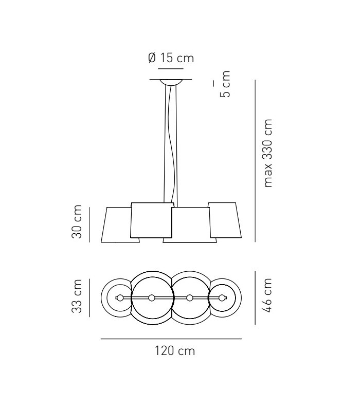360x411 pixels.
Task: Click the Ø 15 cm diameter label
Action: coord(171,58)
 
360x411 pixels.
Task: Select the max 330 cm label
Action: coord(267,154)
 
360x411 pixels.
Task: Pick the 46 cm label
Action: coord(267,298)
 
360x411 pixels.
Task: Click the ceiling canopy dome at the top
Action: coord(171,82)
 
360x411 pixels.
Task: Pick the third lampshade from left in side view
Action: coord(191,225)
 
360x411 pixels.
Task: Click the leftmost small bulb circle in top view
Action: coord(120,298)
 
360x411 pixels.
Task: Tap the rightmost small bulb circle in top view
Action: coord(222,298)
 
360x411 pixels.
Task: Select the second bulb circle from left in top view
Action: coord(152,298)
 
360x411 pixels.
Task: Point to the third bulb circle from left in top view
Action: coord(190,298)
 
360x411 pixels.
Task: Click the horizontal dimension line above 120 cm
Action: coord(171,339)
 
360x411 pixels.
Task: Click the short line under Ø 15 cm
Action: coord(171,68)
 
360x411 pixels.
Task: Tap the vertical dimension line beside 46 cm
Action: coord(255,298)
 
